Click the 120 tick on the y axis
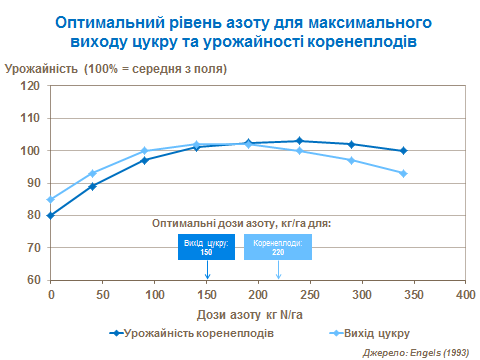coord(32,86)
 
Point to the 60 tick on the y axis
coord(34,279)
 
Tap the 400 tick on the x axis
coord(464,296)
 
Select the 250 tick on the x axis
coord(309,296)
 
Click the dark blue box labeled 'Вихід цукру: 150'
coord(206,247)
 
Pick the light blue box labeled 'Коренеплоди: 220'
coord(278,247)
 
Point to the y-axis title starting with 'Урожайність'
coord(115,68)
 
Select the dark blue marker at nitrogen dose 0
coord(50,215)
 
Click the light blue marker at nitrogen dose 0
coord(50,199)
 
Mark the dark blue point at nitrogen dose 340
coord(403,151)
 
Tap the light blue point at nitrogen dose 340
coord(403,173)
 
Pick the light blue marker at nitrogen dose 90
coord(144,151)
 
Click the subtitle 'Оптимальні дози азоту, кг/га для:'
coord(241,224)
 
